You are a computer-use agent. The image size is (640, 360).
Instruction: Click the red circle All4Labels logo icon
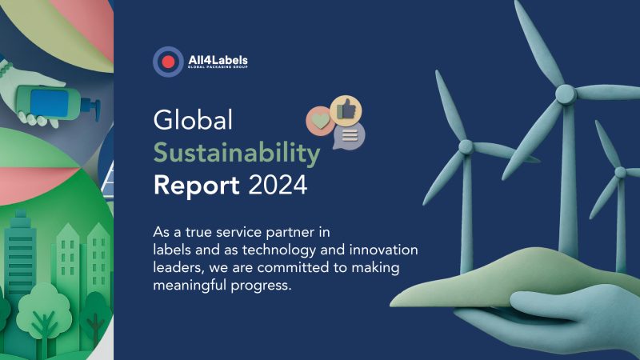tap(168, 62)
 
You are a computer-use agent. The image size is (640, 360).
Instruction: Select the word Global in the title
tap(193, 121)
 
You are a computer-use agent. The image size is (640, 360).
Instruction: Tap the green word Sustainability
tap(237, 153)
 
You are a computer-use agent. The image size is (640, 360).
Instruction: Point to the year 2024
tap(278, 186)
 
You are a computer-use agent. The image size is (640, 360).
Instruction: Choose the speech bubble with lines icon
tap(350, 135)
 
